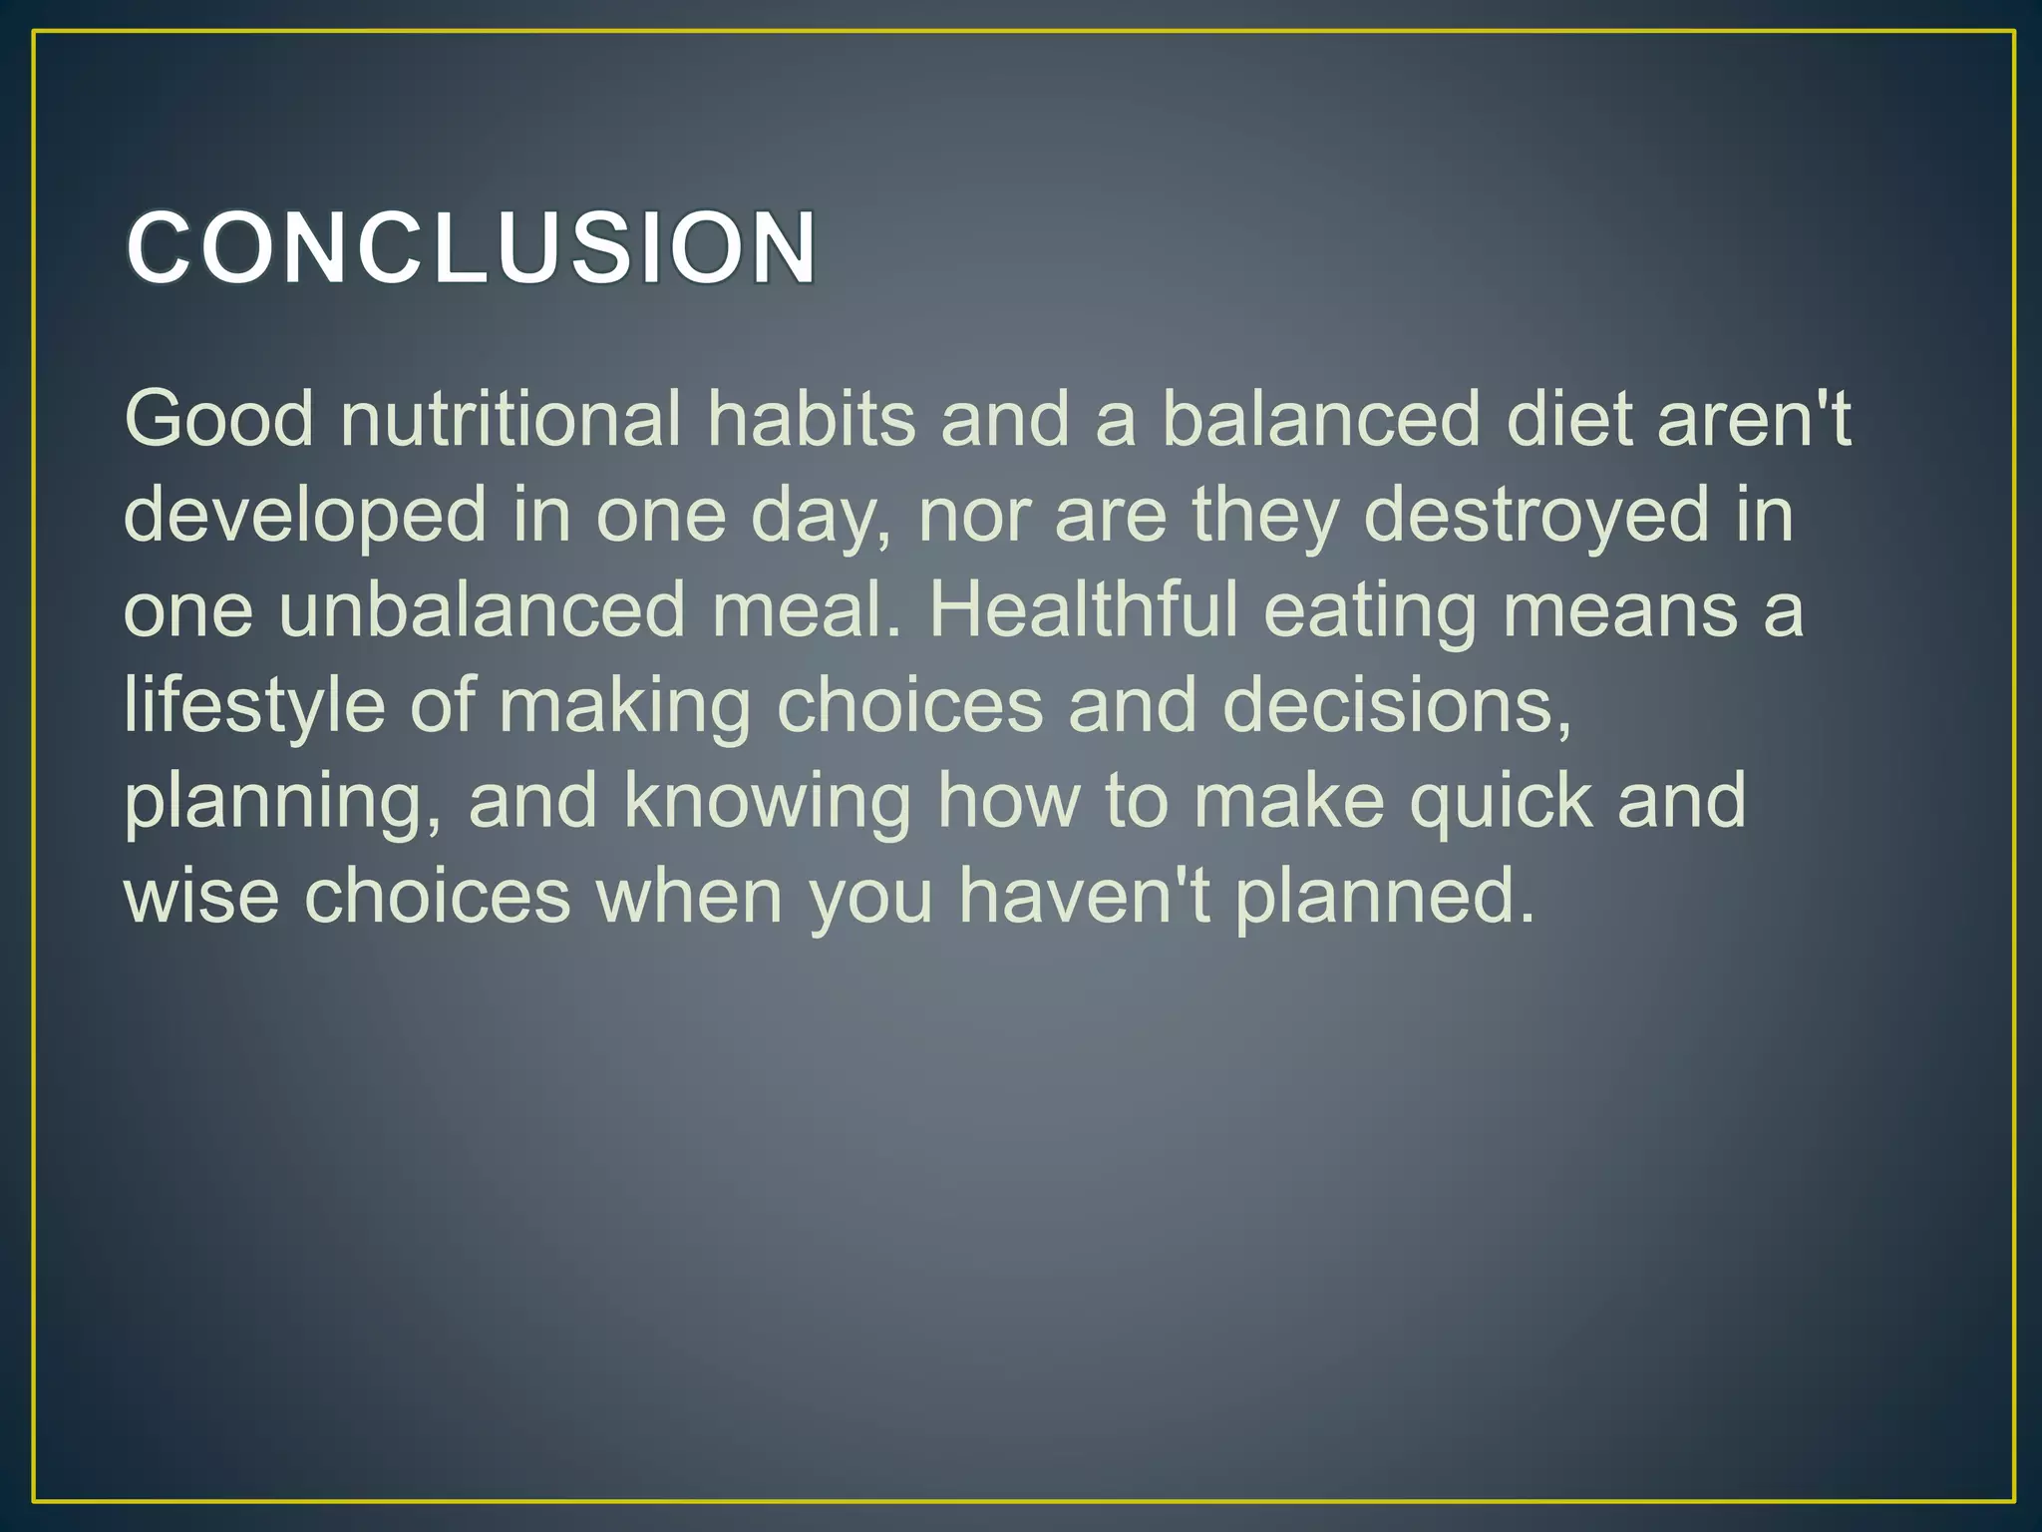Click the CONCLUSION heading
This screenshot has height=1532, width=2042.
[x=471, y=247]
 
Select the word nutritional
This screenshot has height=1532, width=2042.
[x=510, y=419]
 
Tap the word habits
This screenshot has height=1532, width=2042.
[x=811, y=419]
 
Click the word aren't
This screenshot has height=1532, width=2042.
[x=1754, y=419]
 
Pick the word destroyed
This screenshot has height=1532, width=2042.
[x=1535, y=515]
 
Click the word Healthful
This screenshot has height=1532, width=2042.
[x=1083, y=610]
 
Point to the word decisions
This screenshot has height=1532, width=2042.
[x=1396, y=706]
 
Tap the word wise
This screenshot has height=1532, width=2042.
[x=200, y=896]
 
